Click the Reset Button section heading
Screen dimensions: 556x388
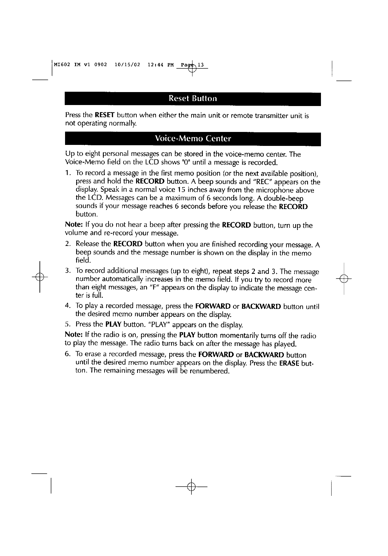[193, 98]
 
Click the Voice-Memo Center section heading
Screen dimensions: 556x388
[193, 138]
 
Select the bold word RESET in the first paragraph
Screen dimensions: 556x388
[105, 116]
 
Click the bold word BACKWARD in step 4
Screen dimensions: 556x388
[261, 306]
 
